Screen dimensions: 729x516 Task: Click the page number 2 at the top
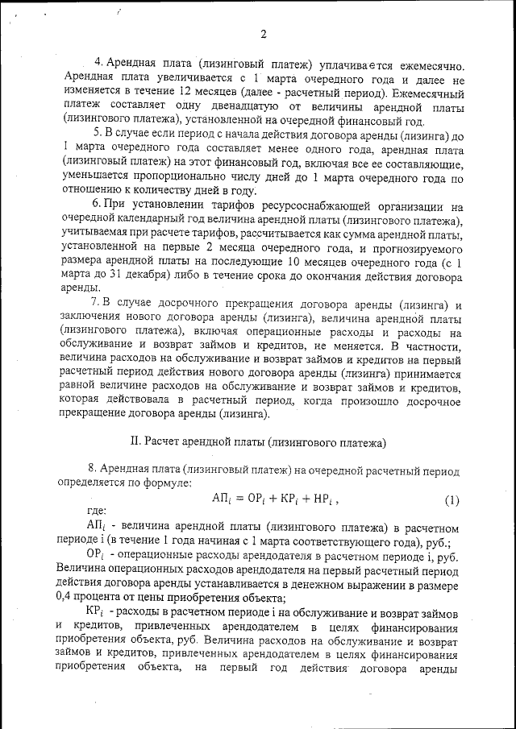click(264, 34)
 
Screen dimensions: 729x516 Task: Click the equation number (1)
click(451, 499)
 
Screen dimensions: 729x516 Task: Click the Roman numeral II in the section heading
click(135, 442)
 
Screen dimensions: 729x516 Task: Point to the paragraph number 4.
click(98, 62)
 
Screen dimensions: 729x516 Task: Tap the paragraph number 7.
click(94, 301)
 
